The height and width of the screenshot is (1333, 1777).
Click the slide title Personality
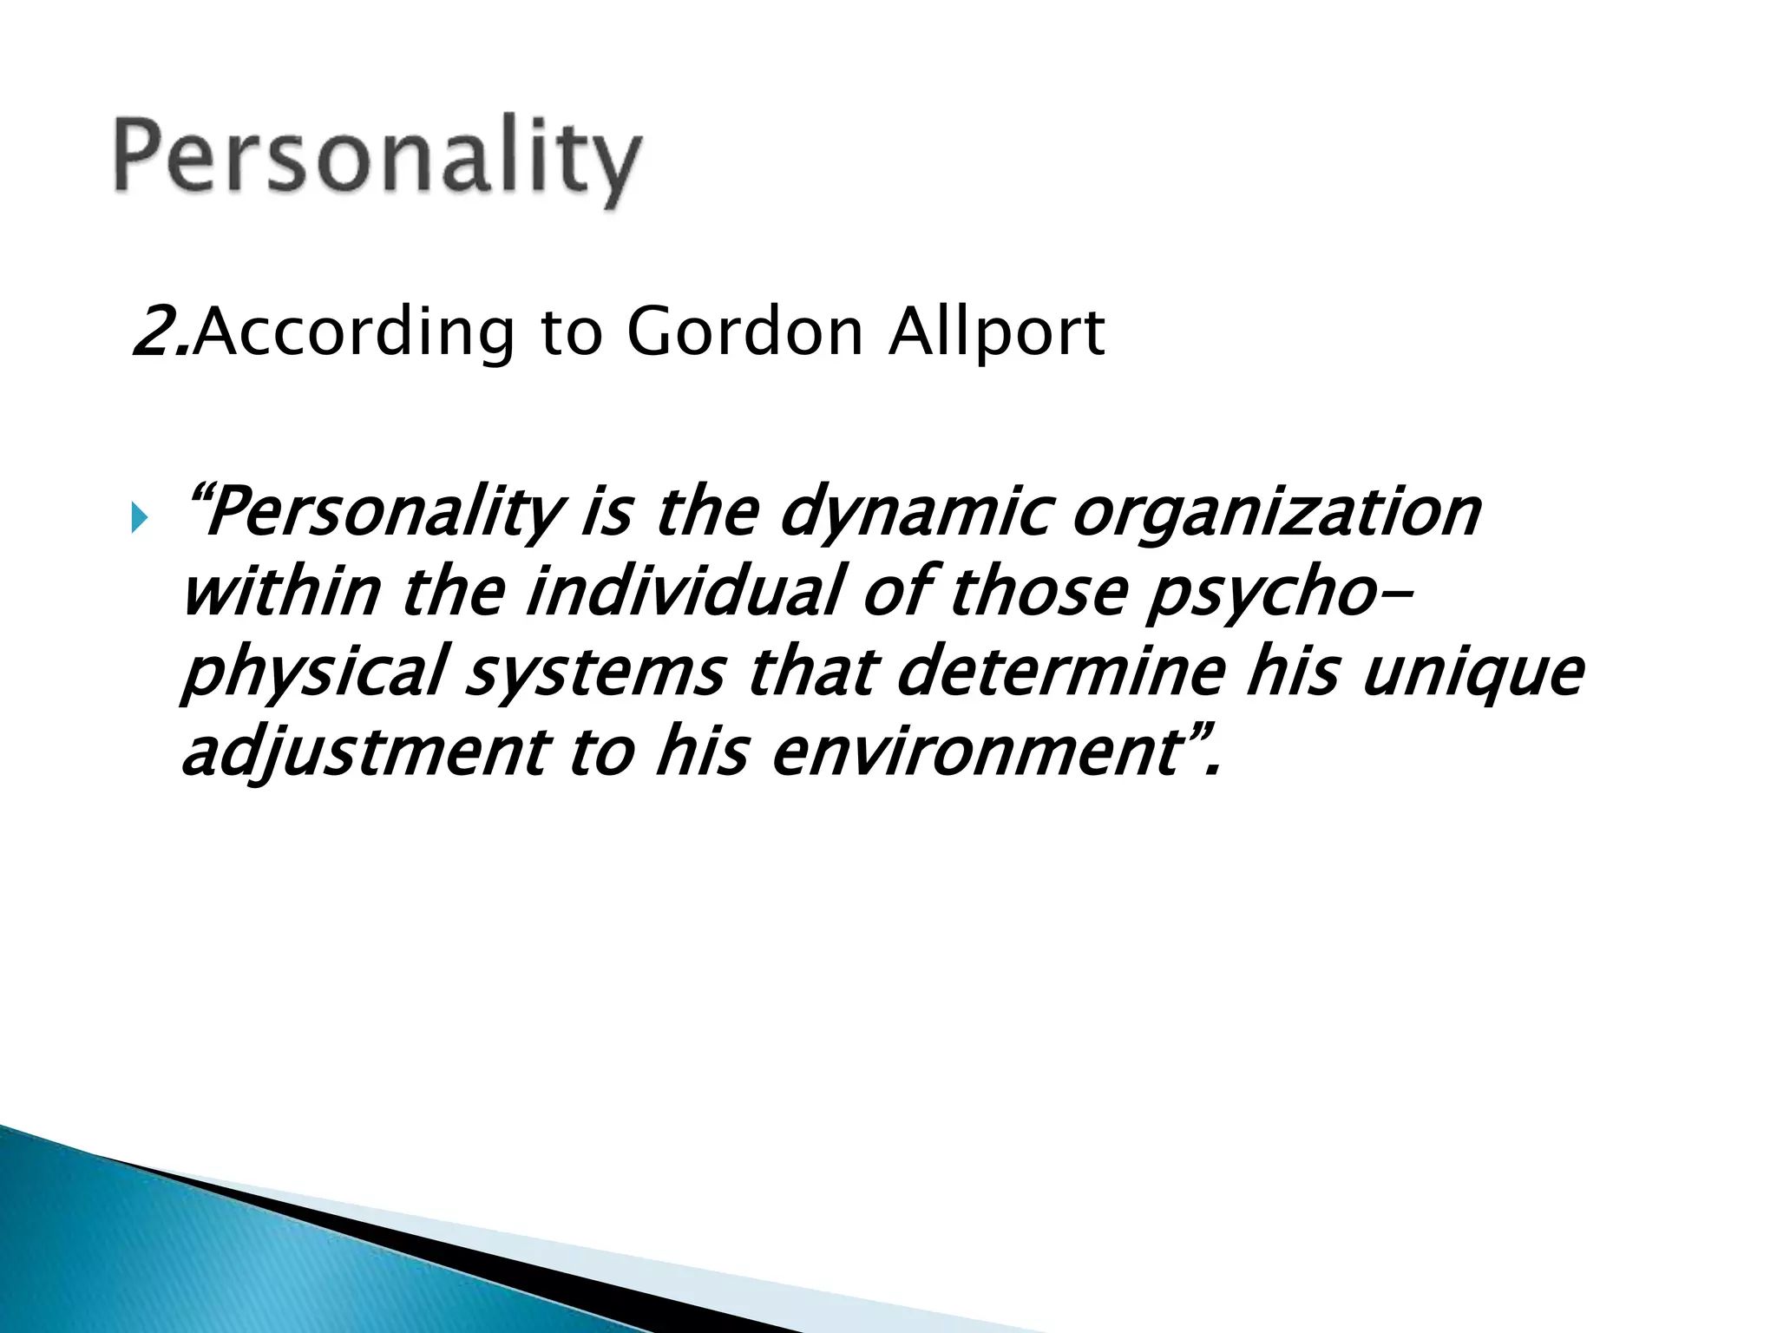point(377,161)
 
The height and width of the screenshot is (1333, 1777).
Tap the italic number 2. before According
point(161,332)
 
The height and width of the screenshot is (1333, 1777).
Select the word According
point(356,332)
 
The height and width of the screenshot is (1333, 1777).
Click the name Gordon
point(745,332)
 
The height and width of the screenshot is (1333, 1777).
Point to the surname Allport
point(996,332)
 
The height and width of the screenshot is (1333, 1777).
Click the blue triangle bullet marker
point(140,520)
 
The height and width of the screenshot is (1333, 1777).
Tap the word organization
point(1276,514)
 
